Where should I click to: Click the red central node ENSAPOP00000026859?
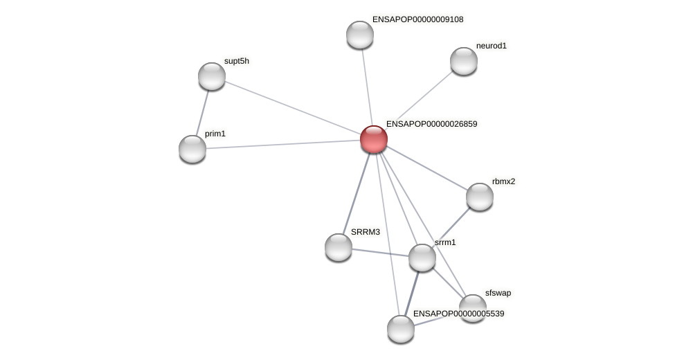point(374,139)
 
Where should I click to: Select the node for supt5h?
point(212,76)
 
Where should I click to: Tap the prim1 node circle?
point(192,149)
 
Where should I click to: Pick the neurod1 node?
point(464,61)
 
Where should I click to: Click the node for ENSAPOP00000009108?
point(360,35)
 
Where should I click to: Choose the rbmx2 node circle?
point(480,197)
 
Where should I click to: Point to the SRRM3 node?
point(339,247)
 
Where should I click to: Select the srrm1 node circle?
point(422,258)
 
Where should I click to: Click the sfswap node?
point(473,308)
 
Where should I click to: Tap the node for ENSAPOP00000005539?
point(401,329)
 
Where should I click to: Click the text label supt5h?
point(237,61)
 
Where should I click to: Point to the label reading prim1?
point(215,134)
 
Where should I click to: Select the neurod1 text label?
point(492,46)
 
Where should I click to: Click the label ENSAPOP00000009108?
point(417,19)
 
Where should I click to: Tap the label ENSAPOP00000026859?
point(431,124)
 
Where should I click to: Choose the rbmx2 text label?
point(503,181)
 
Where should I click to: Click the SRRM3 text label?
point(366,232)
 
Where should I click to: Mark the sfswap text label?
point(498,293)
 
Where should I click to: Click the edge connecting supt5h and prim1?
point(202,113)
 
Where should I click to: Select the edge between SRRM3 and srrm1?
point(380,252)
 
